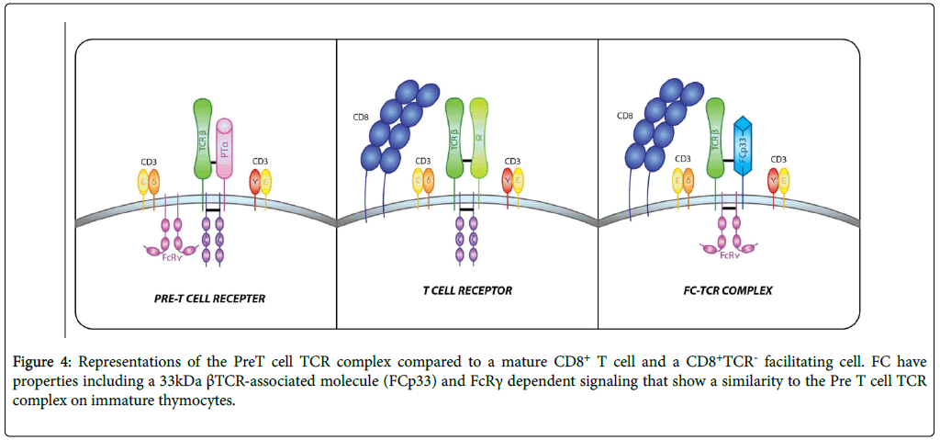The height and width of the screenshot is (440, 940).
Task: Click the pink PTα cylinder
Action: click(225, 152)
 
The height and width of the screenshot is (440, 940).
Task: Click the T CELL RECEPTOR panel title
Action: click(467, 290)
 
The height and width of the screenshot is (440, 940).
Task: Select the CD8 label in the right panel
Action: click(625, 116)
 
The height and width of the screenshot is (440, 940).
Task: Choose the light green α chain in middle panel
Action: click(478, 138)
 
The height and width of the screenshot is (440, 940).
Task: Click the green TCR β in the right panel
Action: click(716, 138)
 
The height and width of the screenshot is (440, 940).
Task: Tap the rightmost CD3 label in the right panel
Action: click(778, 158)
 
